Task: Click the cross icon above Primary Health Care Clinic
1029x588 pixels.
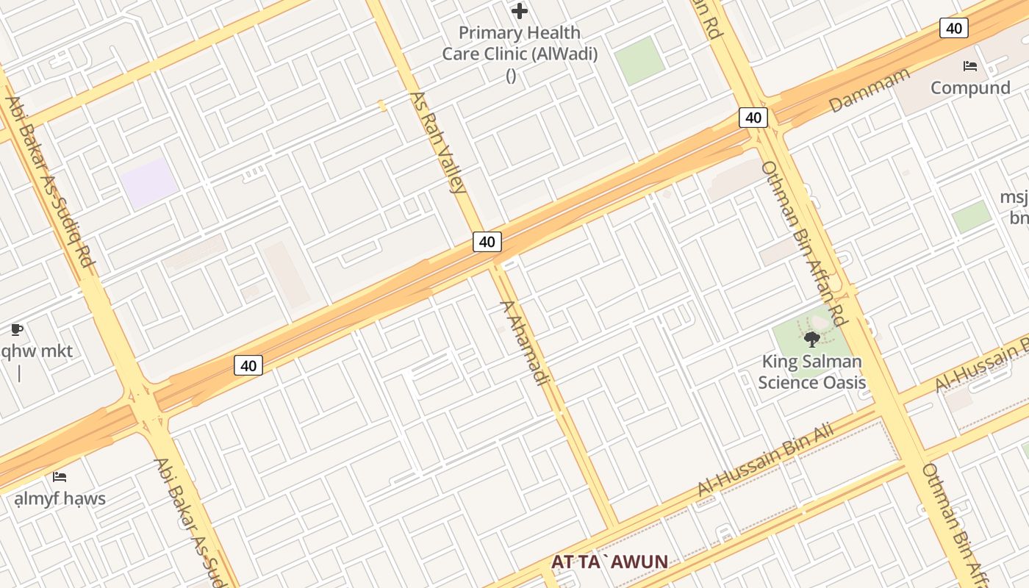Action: pos(520,11)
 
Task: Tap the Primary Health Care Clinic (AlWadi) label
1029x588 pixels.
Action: pos(520,43)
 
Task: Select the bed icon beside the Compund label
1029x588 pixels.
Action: pos(970,66)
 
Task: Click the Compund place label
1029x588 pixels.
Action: pos(970,87)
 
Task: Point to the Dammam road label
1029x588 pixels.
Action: pos(870,90)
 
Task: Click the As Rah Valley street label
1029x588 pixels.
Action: pos(438,142)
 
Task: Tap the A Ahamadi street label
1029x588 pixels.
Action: pos(525,343)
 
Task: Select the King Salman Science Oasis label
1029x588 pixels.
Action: pos(811,372)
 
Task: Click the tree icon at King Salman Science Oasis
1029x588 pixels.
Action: pos(812,339)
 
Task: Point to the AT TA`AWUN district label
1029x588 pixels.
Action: pos(609,562)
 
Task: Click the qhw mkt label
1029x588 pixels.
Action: pos(36,351)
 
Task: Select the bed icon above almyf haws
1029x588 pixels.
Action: pos(60,477)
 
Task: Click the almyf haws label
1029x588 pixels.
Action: pos(60,498)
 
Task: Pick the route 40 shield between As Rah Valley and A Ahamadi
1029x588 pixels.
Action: pos(487,241)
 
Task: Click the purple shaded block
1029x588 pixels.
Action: pos(149,183)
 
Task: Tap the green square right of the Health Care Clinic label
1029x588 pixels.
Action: pos(639,61)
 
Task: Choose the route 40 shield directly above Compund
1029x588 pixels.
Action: pos(953,29)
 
